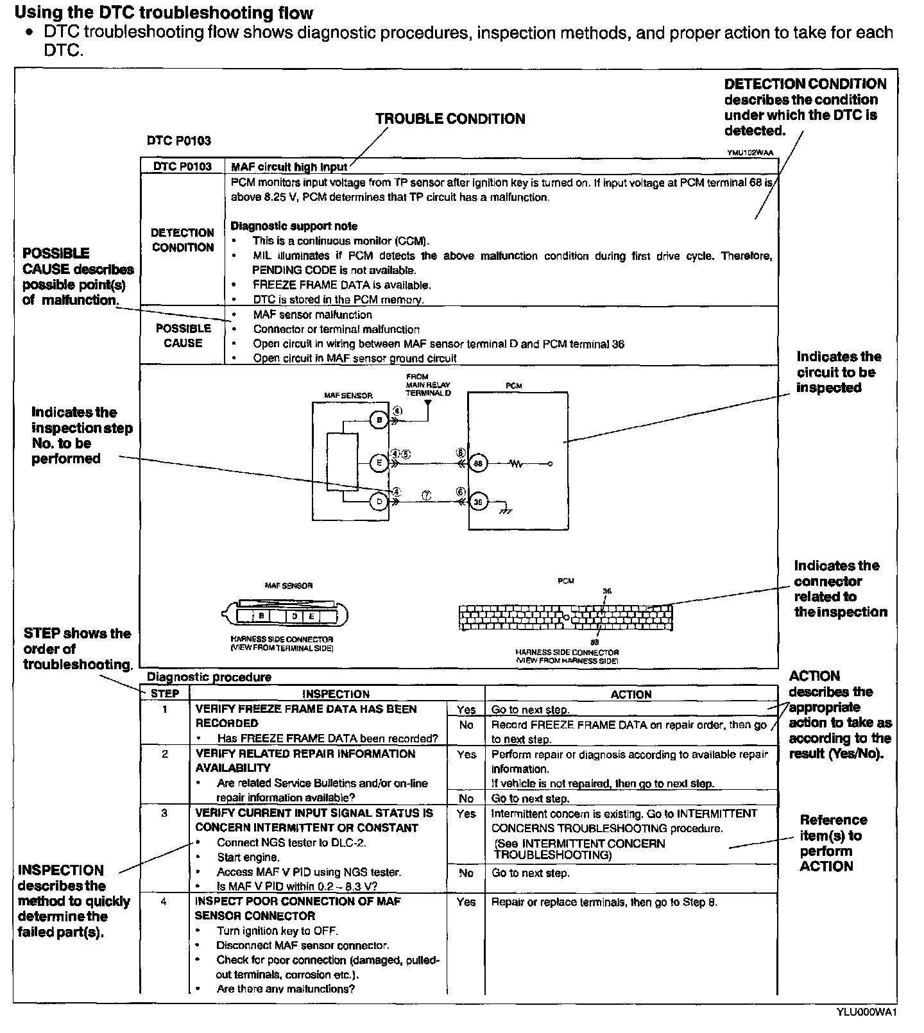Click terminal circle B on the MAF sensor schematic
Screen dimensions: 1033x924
[x=379, y=420]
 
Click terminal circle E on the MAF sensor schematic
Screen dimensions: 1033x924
[x=379, y=463]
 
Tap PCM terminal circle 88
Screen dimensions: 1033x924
[x=478, y=463]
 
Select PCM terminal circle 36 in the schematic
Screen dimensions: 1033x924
[x=478, y=502]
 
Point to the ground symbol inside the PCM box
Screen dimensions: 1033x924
[x=506, y=509]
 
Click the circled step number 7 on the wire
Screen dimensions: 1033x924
[x=427, y=495]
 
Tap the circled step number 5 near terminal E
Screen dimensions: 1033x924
[x=406, y=454]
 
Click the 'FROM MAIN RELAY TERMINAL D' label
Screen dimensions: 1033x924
[x=428, y=384]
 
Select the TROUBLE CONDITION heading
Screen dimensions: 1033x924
[x=450, y=119]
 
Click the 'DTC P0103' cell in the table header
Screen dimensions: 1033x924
[x=182, y=167]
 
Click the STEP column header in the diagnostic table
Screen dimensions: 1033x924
[x=165, y=694]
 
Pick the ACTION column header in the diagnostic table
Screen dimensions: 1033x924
[x=631, y=694]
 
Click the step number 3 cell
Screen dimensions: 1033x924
[x=165, y=813]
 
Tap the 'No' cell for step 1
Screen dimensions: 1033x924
[x=466, y=725]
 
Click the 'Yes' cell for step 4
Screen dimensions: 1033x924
[x=466, y=902]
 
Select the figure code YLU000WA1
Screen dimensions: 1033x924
[x=866, y=1012]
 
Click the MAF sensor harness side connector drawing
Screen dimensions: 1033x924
[x=287, y=615]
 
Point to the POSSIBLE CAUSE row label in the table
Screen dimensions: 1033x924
[x=183, y=336]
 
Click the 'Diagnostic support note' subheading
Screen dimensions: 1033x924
[x=294, y=226]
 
